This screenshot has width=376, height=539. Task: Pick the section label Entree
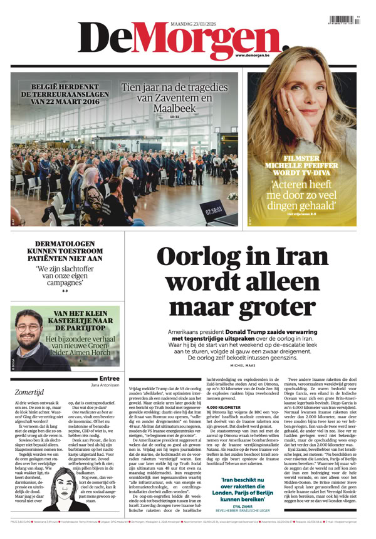(110, 378)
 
